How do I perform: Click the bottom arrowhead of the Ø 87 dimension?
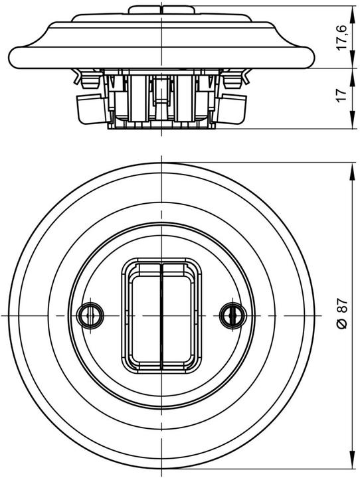pyautogui.click(x=350, y=463)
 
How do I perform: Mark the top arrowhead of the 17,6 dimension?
pyautogui.click(x=350, y=9)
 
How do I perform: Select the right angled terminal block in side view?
pyautogui.click(x=236, y=108)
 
